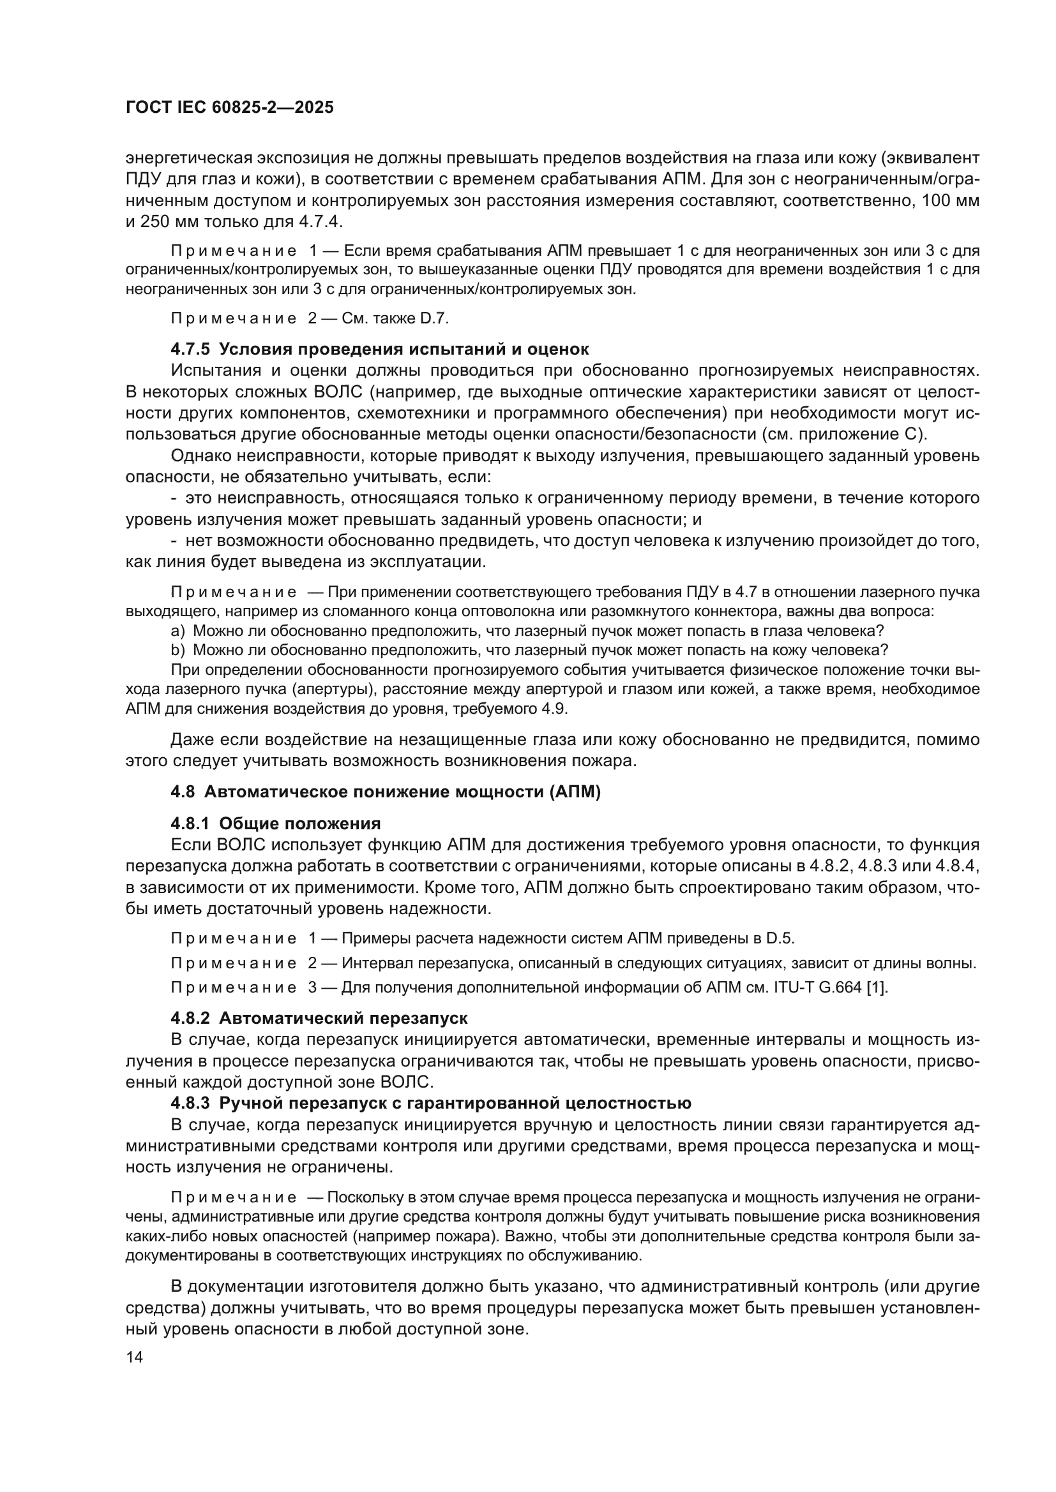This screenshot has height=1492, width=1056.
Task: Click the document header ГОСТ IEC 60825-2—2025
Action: point(230,108)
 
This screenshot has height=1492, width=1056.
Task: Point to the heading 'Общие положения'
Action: point(300,824)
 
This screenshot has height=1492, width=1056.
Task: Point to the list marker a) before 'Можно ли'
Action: point(177,631)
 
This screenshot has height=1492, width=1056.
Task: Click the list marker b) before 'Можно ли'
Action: point(177,651)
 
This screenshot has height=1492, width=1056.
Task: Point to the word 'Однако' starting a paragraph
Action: point(197,456)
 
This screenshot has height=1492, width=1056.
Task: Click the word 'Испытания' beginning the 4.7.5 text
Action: point(207,371)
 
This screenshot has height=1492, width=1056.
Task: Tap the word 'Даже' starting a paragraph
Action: point(189,739)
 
